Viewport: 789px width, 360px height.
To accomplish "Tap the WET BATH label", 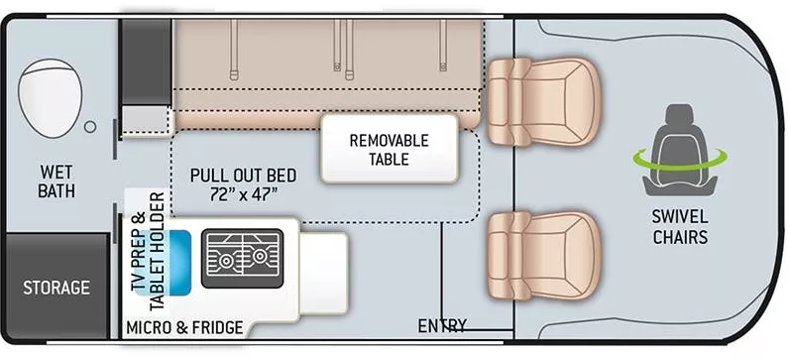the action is click(x=56, y=180).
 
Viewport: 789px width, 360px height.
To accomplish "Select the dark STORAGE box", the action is click(x=56, y=288).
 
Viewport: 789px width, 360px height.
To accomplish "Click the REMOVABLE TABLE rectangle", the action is click(x=389, y=149).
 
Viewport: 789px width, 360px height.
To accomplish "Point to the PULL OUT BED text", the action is click(x=243, y=174).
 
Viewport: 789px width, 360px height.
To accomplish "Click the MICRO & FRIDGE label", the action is click(x=183, y=326).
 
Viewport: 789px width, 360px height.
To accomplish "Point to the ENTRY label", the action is click(x=442, y=326).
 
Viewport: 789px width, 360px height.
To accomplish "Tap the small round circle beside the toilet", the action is click(x=90, y=127).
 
